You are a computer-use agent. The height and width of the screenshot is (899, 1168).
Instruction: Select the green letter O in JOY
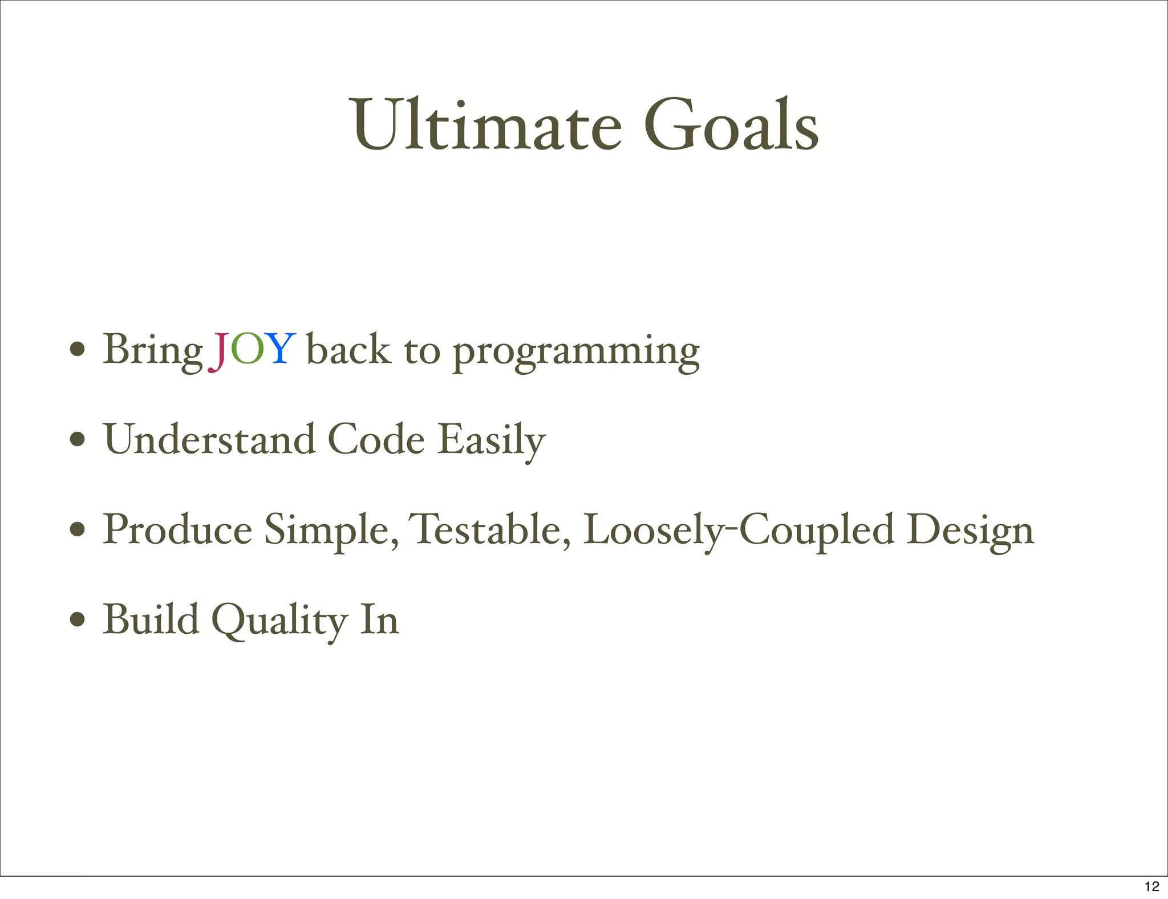tap(248, 349)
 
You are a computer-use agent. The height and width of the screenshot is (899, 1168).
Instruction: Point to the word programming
tap(576, 351)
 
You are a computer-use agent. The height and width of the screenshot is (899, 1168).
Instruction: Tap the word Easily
tap(492, 440)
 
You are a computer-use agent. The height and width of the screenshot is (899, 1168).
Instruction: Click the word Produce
tap(177, 529)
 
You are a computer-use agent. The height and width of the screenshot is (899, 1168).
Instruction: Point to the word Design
tap(970, 531)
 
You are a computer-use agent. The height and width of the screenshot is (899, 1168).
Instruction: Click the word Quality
tap(279, 620)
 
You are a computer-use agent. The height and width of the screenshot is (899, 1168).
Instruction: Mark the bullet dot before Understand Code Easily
tap(78, 440)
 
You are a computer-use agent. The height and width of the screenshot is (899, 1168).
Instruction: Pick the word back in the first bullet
tap(348, 349)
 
